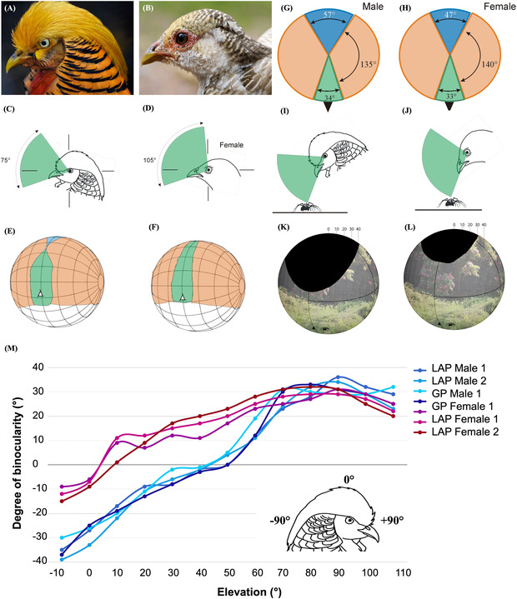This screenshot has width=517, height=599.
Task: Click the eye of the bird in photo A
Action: click(x=43, y=45)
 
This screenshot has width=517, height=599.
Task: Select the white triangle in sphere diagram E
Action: click(x=38, y=294)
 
